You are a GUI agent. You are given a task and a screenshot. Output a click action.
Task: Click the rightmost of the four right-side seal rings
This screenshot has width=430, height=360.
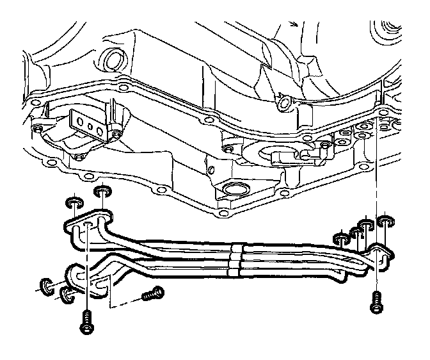pyautogui.click(x=384, y=222)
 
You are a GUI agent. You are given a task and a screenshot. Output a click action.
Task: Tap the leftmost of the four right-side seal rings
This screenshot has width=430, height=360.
pyautogui.click(x=341, y=239)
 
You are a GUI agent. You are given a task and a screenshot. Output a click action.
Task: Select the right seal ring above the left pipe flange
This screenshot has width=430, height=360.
pyautogui.click(x=102, y=190)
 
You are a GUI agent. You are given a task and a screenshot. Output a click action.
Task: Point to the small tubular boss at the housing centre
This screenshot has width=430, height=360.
pyautogui.click(x=282, y=101)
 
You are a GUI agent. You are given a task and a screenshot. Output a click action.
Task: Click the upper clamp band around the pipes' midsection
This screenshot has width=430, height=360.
pyautogui.click(x=236, y=247)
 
